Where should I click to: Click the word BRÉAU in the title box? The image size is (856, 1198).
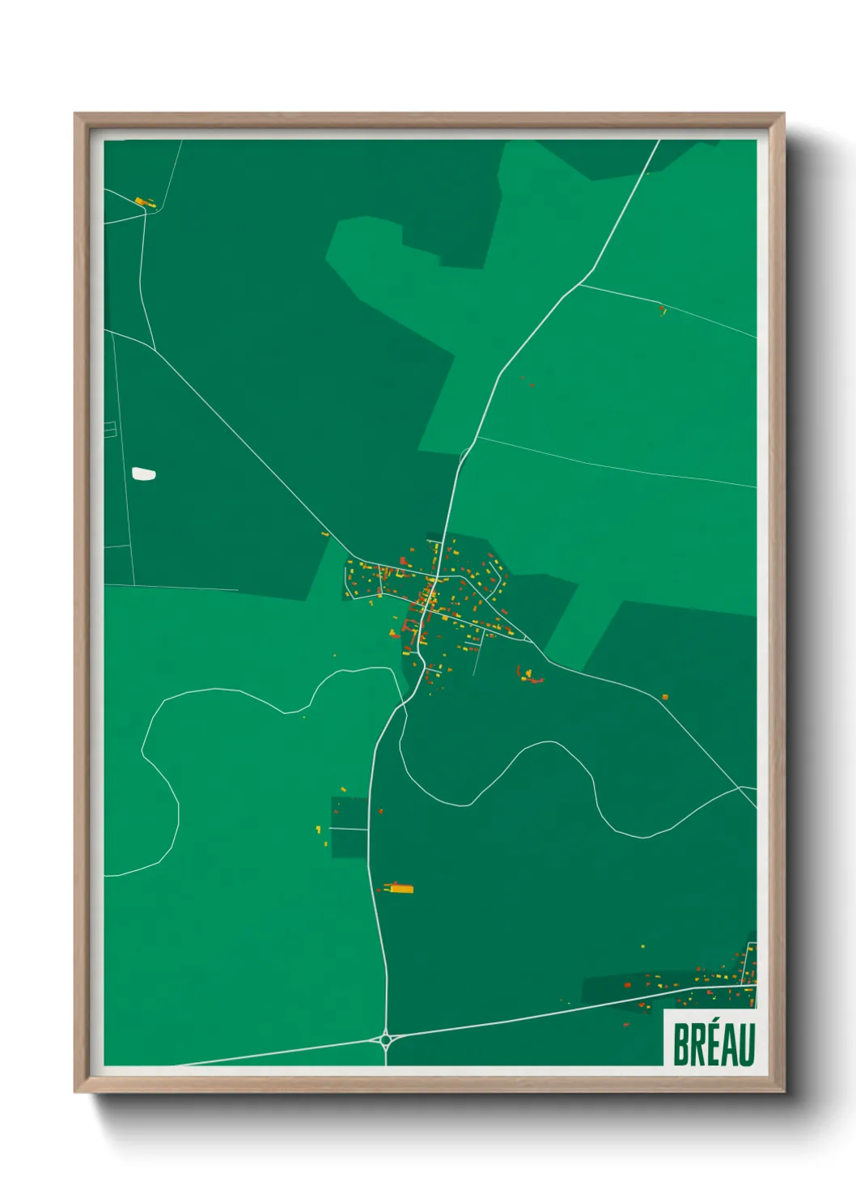[x=713, y=1044]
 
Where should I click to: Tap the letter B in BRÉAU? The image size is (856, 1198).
[x=680, y=1044]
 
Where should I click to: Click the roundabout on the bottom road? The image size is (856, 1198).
[x=386, y=1039]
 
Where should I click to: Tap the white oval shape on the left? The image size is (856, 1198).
[x=143, y=474]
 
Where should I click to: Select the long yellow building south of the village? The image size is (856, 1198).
[x=400, y=888]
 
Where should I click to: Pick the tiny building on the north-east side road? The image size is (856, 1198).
[x=663, y=308]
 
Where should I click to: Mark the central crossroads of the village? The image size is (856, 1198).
[x=434, y=580]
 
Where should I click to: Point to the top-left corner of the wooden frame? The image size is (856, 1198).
[x=76, y=115]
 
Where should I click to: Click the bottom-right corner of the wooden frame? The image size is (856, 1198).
[x=782, y=1090]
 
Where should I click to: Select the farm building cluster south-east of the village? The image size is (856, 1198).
[x=531, y=675]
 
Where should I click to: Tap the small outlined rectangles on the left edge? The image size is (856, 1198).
[x=110, y=430]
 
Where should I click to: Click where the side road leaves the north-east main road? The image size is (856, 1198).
[x=580, y=284]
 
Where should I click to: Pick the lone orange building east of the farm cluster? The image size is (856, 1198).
[x=665, y=696]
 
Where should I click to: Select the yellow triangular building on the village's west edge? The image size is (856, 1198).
[x=325, y=534]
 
